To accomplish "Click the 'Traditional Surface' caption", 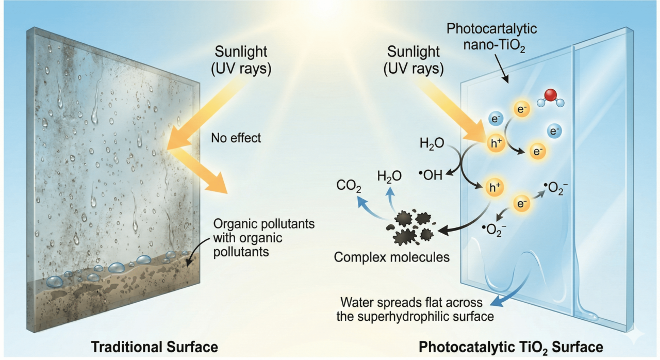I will coord(154,346).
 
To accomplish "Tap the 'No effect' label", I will coord(236,138).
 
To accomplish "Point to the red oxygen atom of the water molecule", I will coord(551,95).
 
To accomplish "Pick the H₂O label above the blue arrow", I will coord(389,177).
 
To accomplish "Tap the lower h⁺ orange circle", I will coord(494,188).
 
